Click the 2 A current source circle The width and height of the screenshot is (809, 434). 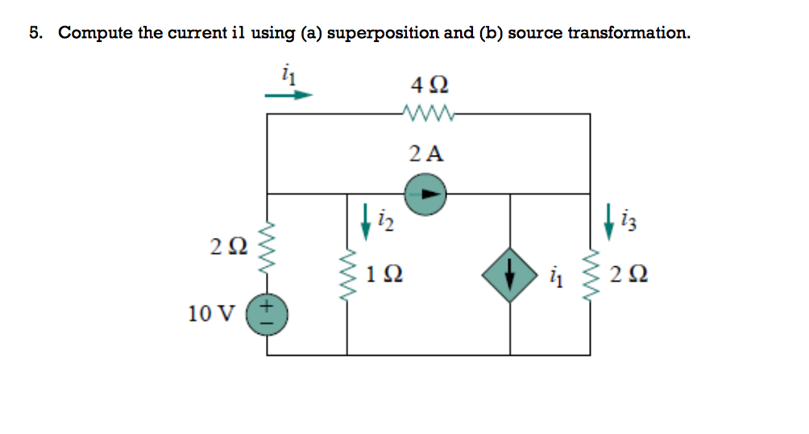425,194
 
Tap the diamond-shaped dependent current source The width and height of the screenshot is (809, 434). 509,275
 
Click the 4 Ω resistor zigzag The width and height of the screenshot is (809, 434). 427,114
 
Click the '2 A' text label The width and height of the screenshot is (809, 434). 426,153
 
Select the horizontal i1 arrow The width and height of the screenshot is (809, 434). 288,94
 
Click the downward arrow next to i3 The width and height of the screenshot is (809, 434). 609,217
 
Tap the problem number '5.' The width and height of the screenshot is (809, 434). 36,33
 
